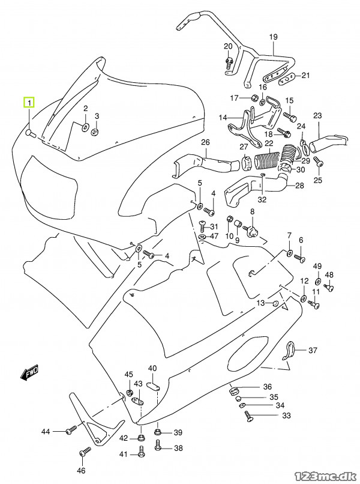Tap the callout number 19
coord(274,37)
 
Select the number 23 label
coord(317,115)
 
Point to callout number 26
coord(205,142)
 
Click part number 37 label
coord(313,351)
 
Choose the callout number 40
coord(152,368)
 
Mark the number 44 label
coord(46,432)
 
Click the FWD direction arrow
coord(29,374)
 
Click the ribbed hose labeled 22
coord(269,162)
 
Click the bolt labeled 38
coord(158,446)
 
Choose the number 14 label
coord(223,117)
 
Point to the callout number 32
coord(262,199)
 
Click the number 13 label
coord(260,304)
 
